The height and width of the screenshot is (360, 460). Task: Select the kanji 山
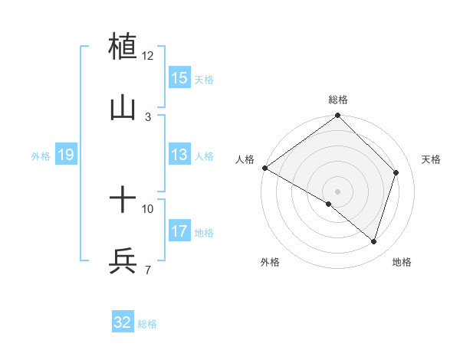(123, 108)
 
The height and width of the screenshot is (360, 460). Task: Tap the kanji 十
(123, 201)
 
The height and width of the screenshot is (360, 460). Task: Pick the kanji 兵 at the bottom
(123, 261)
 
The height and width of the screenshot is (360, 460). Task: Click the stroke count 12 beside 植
(148, 56)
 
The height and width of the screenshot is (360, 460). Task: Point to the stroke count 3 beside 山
(148, 116)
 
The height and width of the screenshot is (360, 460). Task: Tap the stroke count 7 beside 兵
(148, 270)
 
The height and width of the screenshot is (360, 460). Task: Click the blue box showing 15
(179, 78)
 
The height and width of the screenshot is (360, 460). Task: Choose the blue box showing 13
(179, 155)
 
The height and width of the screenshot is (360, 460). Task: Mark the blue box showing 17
(179, 231)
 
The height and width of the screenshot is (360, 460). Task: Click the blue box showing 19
(66, 155)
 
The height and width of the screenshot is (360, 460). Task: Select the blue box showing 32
(123, 322)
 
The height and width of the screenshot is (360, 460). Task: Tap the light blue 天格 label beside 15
(204, 79)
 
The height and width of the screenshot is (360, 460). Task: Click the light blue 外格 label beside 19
(41, 156)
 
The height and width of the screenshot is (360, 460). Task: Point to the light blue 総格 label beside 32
(147, 323)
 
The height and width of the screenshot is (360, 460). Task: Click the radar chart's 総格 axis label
(338, 100)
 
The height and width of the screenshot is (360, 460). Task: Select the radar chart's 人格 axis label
(245, 159)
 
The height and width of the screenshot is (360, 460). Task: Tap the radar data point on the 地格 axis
(373, 242)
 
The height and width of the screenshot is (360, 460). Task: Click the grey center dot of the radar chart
(337, 191)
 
